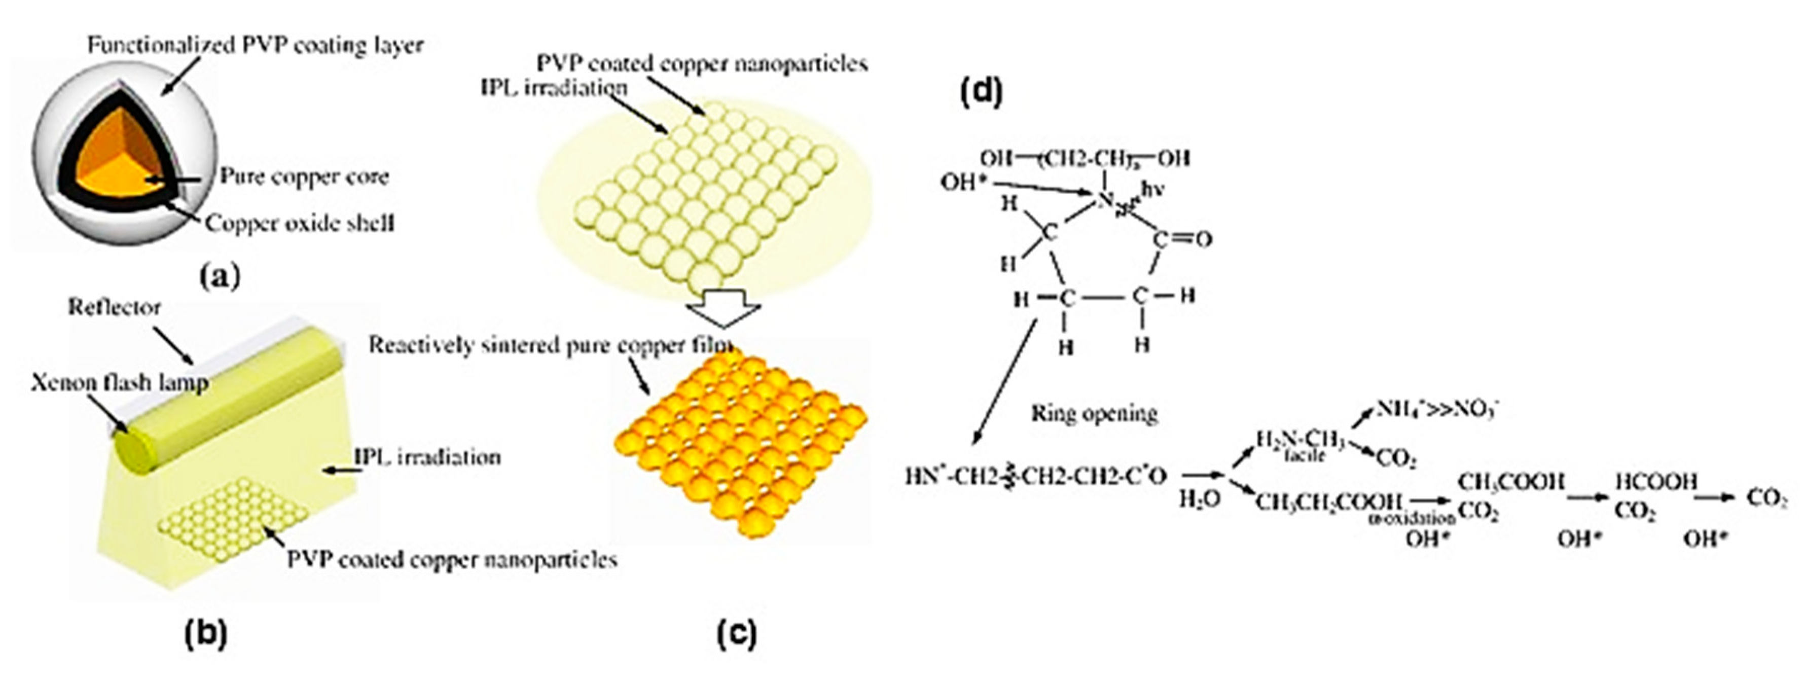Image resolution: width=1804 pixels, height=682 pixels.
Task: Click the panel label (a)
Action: pos(219,277)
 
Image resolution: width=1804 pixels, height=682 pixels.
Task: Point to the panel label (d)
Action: pos(981,92)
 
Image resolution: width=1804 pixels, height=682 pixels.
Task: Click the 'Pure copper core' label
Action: pos(304,176)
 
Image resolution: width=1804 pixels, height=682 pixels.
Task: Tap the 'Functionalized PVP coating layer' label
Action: pos(255,46)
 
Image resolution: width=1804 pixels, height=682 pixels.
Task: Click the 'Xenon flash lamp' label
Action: pos(119,383)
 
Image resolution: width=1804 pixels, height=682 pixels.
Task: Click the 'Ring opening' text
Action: pos(1094,413)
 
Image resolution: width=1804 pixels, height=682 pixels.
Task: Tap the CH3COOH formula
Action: pos(1510,482)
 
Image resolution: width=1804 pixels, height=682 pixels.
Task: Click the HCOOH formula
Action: pos(1656,482)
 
